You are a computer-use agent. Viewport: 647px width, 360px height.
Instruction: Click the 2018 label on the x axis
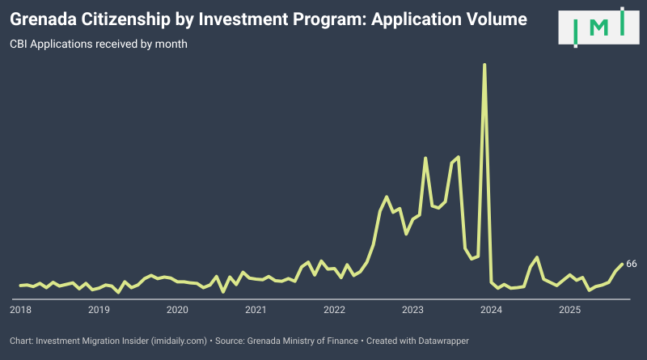coord(20,310)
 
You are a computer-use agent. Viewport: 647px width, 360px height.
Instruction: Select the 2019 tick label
coord(99,310)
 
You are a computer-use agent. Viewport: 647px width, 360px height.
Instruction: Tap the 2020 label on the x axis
coord(177,310)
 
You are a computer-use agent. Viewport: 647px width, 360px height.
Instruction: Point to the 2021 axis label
coord(256,310)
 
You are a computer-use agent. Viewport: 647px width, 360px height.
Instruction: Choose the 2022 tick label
coord(334,310)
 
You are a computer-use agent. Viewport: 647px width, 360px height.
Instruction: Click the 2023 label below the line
coord(412,310)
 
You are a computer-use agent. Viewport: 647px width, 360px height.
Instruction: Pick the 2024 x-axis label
coord(491,310)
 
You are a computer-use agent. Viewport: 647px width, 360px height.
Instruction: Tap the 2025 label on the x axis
coord(569,310)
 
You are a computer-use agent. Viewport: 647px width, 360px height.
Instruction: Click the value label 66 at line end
coord(632,264)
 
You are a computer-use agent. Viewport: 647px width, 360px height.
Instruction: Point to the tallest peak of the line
coord(484,64)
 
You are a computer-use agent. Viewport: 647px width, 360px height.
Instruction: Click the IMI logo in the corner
coord(599,28)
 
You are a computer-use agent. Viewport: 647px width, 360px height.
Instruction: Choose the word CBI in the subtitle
coord(19,44)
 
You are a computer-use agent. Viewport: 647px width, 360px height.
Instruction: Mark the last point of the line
coord(621,264)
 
